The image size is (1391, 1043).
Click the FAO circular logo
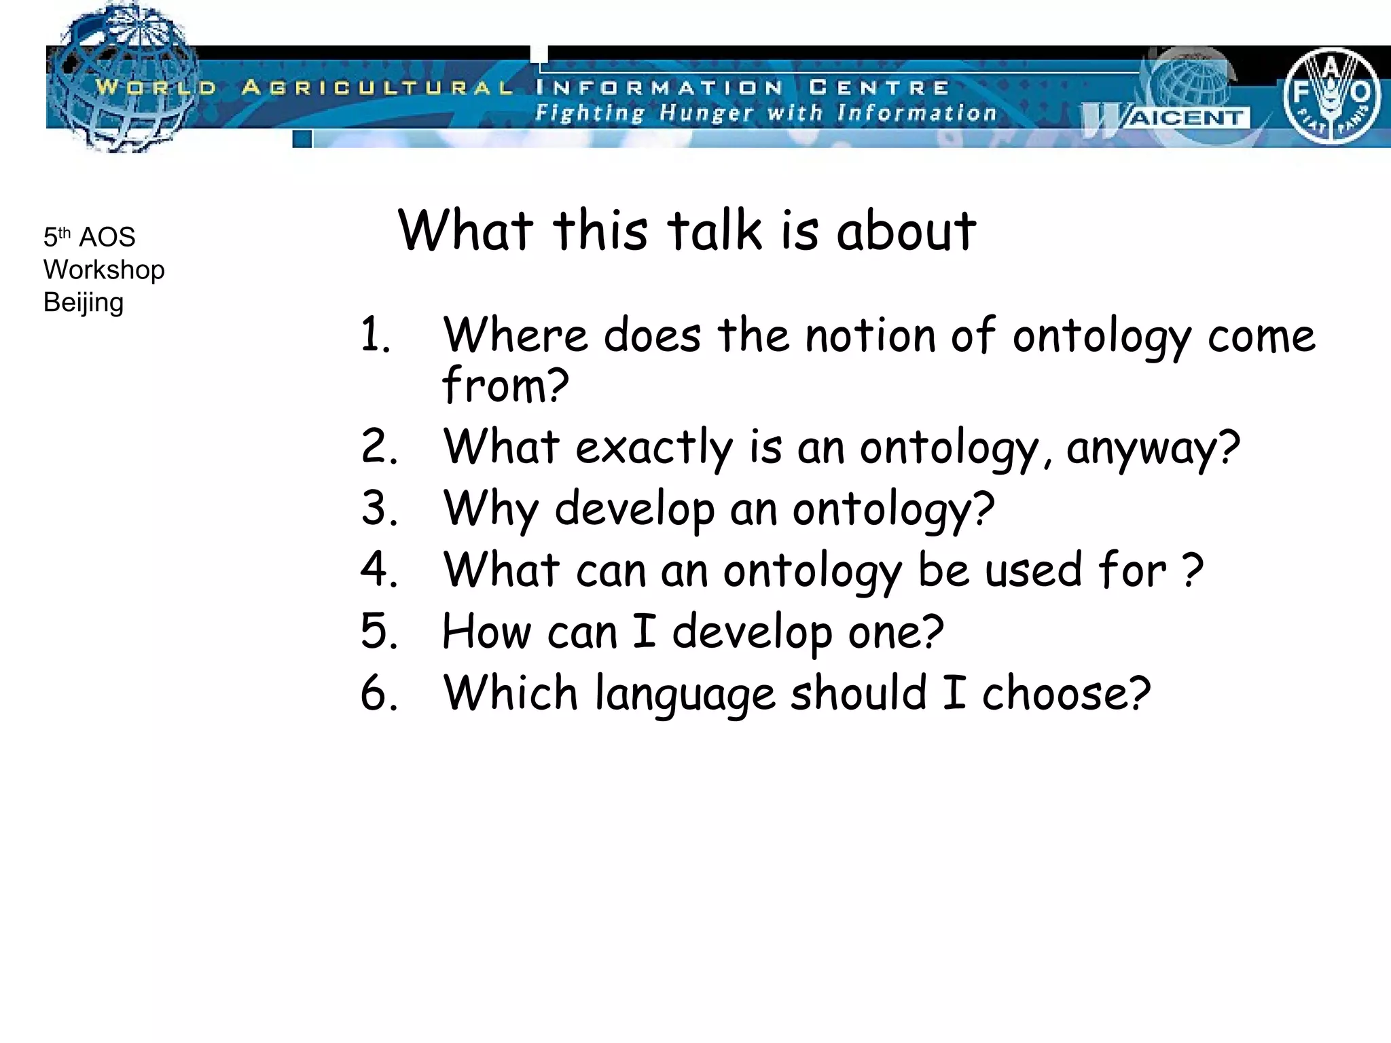(1331, 95)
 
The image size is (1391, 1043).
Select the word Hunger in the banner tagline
(706, 113)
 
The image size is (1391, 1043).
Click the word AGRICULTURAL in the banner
(377, 88)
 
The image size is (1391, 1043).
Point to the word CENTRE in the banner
(879, 88)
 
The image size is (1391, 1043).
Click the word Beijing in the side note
(84, 303)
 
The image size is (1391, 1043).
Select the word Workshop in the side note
(104, 270)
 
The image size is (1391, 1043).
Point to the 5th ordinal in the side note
(57, 237)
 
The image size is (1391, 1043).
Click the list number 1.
(376, 335)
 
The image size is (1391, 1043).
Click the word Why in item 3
(491, 509)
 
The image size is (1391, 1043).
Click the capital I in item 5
(644, 631)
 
